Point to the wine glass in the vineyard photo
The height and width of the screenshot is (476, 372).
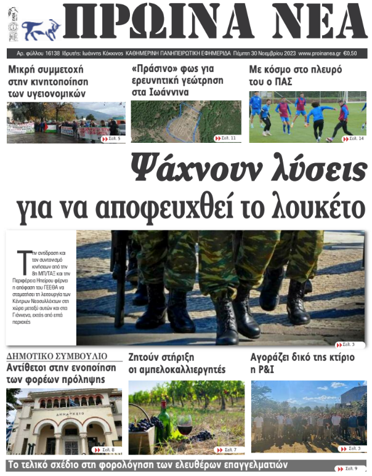[x=184, y=424]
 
